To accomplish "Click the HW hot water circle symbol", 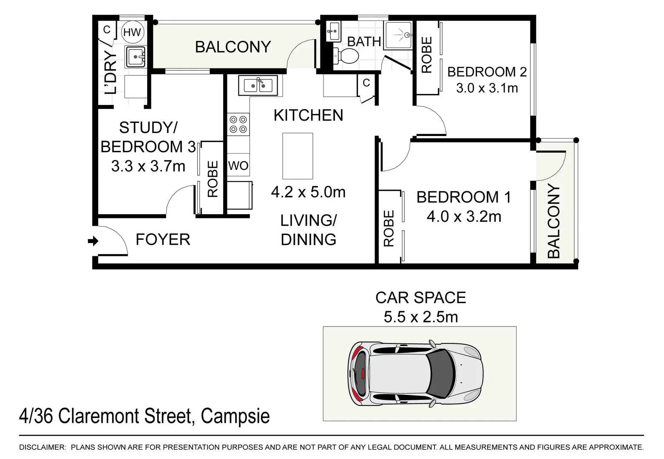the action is pyautogui.click(x=133, y=32).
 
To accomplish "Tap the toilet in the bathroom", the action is pyautogui.click(x=345, y=56).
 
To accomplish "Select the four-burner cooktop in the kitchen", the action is pyautogui.click(x=238, y=125).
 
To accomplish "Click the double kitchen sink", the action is pyautogui.click(x=258, y=85).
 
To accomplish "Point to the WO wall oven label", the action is pyautogui.click(x=238, y=166).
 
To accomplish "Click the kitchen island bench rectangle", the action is pyautogui.click(x=298, y=156).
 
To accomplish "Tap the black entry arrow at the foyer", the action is pyautogui.click(x=93, y=241).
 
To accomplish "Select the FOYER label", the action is pyautogui.click(x=163, y=239).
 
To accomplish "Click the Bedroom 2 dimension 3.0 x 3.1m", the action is pyautogui.click(x=487, y=88).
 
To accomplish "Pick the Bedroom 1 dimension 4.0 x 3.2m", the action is pyautogui.click(x=464, y=216).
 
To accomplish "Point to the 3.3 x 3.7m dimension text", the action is pyautogui.click(x=148, y=166).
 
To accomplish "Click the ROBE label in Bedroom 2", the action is pyautogui.click(x=427, y=55).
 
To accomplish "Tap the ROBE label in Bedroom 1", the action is pyautogui.click(x=389, y=229).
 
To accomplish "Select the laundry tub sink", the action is pyautogui.click(x=136, y=57).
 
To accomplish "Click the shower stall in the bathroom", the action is pyautogui.click(x=398, y=35).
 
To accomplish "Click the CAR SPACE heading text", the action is pyautogui.click(x=420, y=297).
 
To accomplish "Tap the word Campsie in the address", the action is pyautogui.click(x=236, y=416).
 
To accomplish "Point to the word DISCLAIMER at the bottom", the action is pyautogui.click(x=43, y=447).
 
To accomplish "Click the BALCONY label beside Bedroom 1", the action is pyautogui.click(x=554, y=221).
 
